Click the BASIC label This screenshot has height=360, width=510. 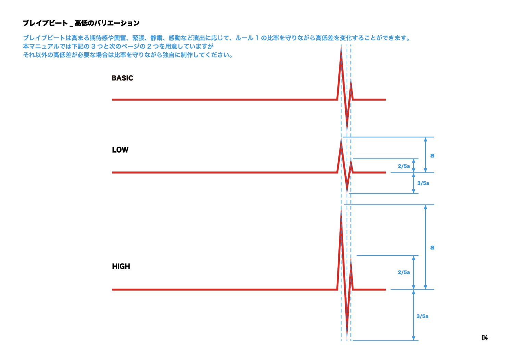tap(122, 78)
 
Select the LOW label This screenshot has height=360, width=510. tap(120, 150)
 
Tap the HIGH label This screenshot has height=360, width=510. tap(121, 267)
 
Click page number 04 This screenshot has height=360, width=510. tap(484, 338)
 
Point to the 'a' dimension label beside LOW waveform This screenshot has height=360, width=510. tap(432, 155)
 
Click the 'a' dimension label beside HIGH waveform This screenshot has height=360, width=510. tap(432, 247)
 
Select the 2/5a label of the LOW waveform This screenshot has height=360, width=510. tap(403, 166)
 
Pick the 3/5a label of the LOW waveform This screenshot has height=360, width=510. tap(423, 183)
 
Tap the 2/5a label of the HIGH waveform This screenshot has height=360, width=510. tap(403, 272)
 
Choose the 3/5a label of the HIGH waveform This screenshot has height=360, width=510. tap(422, 316)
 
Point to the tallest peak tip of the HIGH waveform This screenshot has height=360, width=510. tap(341, 208)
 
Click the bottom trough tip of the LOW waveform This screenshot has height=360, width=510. tap(347, 192)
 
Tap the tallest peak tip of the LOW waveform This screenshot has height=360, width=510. tap(341, 140)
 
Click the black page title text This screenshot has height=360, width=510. tap(81, 23)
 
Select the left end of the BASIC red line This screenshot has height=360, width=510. tap(113, 100)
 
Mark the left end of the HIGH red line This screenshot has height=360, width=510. tap(113, 290)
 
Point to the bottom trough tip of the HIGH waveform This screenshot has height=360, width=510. tap(347, 337)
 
